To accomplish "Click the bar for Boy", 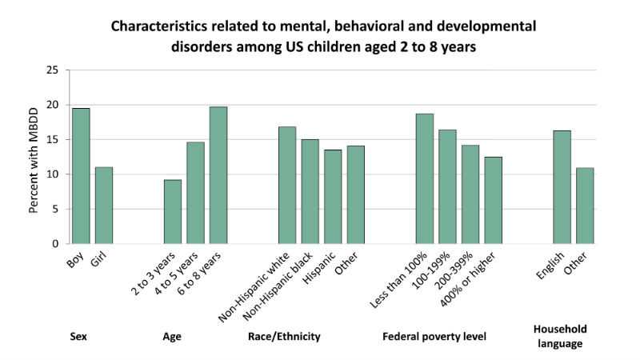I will [x=81, y=176].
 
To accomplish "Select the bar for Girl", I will [x=104, y=206].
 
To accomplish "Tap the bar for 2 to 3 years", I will [x=173, y=211].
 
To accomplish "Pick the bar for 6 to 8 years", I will [x=218, y=175].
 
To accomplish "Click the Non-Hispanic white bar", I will [x=286, y=185].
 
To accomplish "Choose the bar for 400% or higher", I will [x=493, y=200].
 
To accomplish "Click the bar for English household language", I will [x=562, y=187].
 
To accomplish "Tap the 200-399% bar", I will [x=470, y=194].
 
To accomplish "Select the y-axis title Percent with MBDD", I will [x=34, y=157].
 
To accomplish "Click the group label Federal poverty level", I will [x=435, y=337].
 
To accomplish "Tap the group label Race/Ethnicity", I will [x=285, y=337].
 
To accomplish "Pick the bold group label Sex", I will [x=78, y=337].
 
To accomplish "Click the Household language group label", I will [x=559, y=336].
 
